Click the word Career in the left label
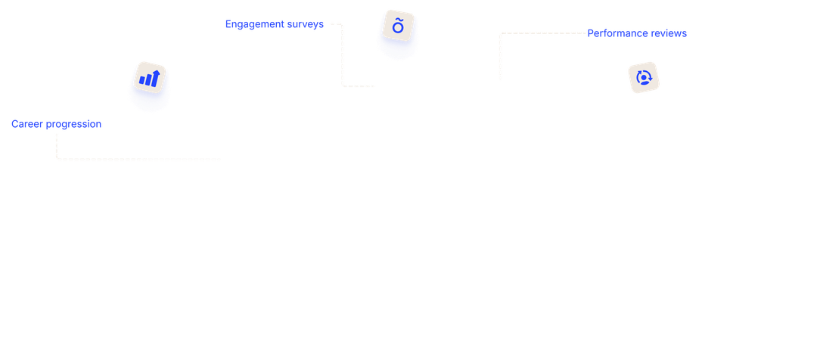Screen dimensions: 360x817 click(25, 124)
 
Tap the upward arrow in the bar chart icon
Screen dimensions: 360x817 click(154, 74)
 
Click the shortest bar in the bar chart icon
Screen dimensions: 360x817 click(141, 81)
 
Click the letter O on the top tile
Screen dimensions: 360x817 click(398, 27)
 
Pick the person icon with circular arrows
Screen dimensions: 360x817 click(644, 77)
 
